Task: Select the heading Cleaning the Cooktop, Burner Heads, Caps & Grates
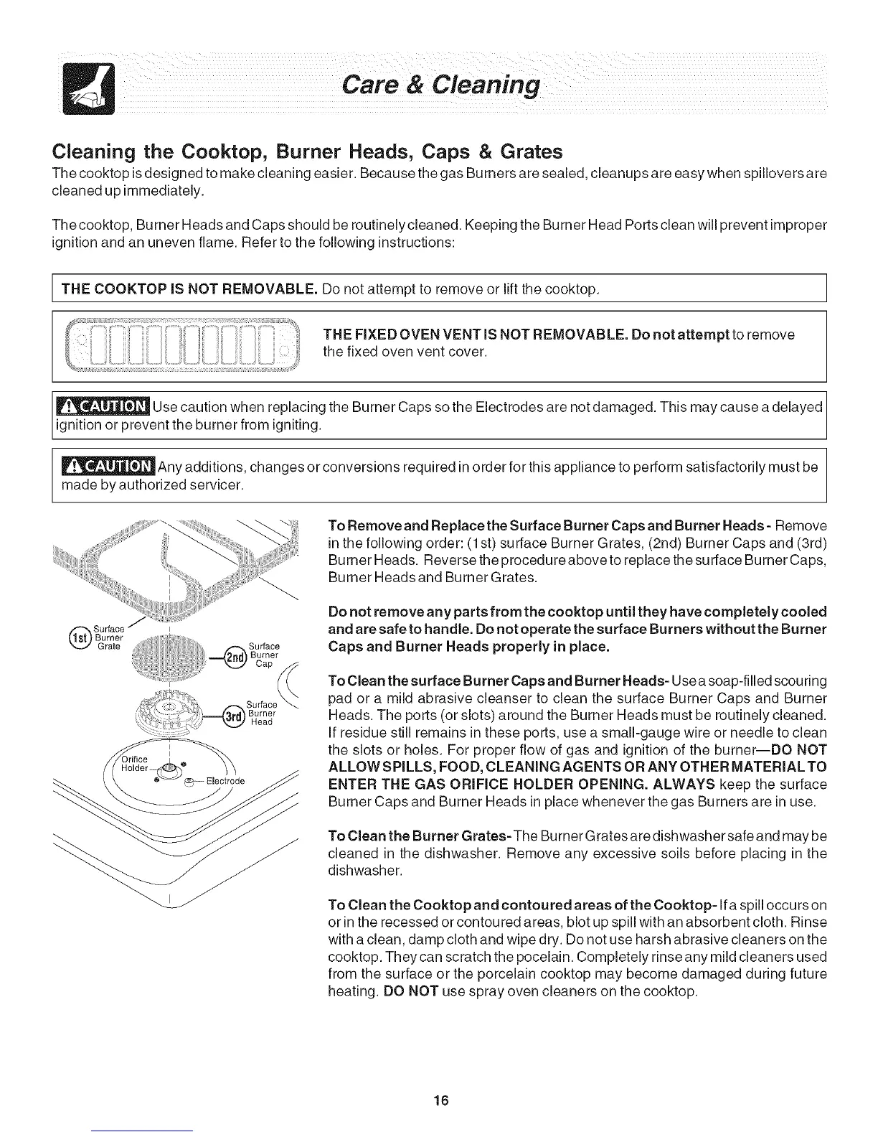[x=307, y=152]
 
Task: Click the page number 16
[x=440, y=1102]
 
